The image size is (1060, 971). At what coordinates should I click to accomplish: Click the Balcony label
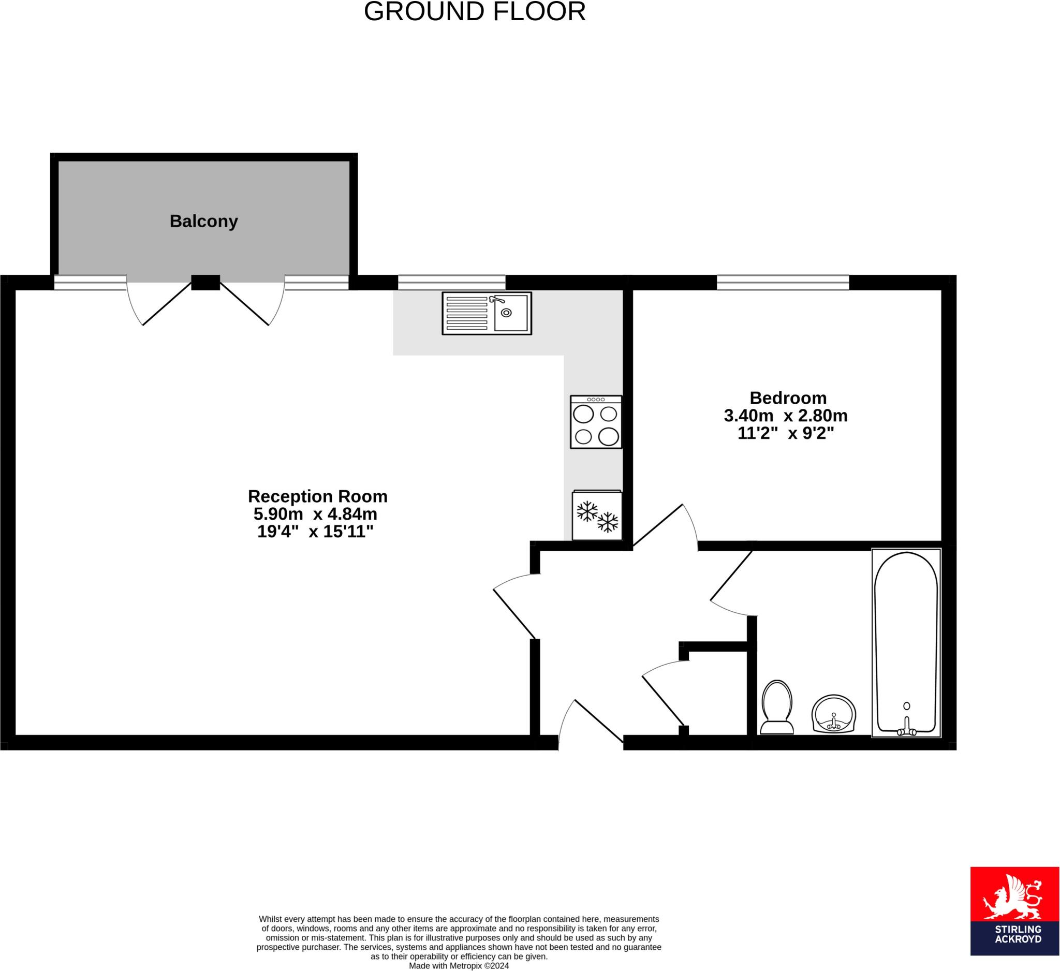[203, 222]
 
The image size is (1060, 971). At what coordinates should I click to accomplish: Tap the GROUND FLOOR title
[474, 11]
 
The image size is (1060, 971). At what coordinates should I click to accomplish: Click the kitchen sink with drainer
[487, 313]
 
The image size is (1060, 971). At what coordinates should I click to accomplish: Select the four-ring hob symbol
[596, 422]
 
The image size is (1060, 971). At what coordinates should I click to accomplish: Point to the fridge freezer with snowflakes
[597, 516]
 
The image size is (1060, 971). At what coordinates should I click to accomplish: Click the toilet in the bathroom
[776, 707]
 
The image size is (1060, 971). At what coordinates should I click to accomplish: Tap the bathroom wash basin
[833, 713]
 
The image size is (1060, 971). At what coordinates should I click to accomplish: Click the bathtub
[906, 642]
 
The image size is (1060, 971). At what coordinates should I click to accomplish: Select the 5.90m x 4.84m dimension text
[315, 513]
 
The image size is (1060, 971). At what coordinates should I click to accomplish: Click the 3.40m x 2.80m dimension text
[786, 416]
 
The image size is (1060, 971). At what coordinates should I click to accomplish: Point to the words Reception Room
[318, 496]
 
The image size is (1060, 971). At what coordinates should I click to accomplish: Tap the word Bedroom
[788, 398]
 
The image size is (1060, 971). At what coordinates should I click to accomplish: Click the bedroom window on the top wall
[783, 282]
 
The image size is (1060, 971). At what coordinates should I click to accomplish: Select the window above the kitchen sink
[451, 282]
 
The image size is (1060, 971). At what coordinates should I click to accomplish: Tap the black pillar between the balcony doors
[205, 282]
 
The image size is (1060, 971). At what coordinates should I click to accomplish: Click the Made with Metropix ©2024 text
[459, 966]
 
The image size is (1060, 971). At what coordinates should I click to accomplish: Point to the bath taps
[906, 730]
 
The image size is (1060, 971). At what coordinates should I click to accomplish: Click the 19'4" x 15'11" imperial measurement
[315, 532]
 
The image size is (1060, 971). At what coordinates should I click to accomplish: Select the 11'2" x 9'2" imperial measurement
[786, 434]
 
